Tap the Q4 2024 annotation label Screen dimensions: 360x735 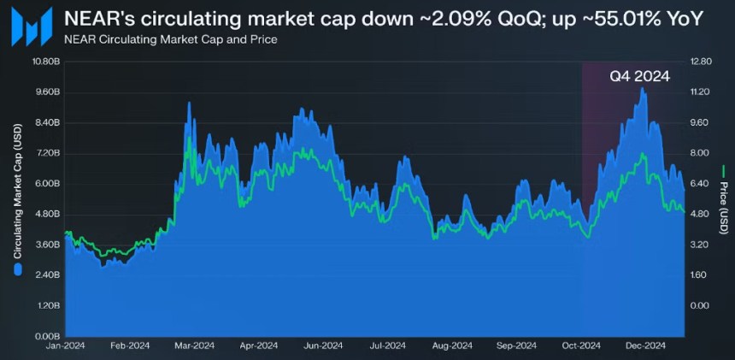639,76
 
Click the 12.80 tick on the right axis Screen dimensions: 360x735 701,62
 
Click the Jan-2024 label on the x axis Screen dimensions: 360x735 64,346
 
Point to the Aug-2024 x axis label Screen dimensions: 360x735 451,346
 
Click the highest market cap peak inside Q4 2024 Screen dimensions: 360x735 643,89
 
